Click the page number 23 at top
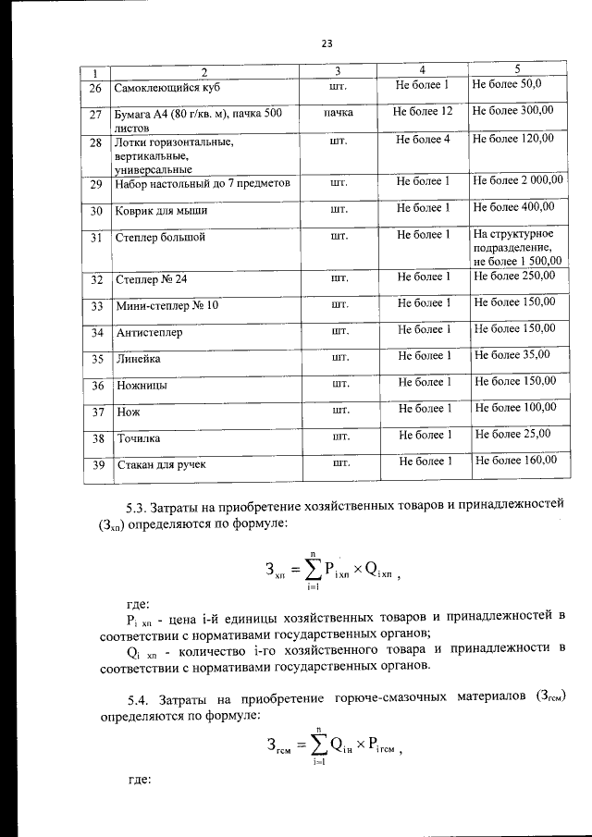327,43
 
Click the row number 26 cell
94,90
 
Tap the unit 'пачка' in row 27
338,112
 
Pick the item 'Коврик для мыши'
161,211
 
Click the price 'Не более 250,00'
514,276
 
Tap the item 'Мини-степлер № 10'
167,304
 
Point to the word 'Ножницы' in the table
142,385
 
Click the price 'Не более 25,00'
512,433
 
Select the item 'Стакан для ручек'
160,463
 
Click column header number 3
338,71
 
